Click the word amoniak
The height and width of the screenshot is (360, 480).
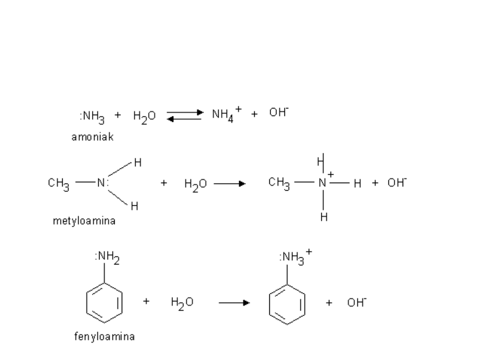[x=92, y=137]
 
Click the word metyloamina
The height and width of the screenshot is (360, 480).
[x=83, y=221]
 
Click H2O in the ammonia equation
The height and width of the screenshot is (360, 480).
[x=144, y=116]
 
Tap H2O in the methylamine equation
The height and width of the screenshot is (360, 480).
[x=196, y=183]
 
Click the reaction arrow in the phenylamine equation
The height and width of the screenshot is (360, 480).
[x=234, y=303]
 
